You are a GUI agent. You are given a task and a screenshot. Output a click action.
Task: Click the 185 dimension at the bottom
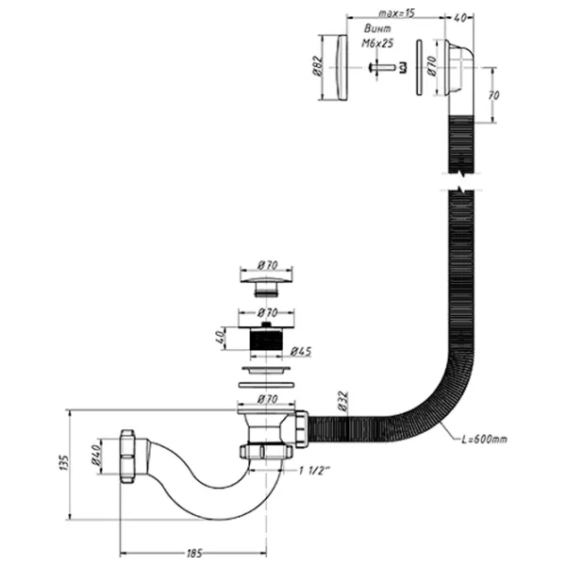click(194, 553)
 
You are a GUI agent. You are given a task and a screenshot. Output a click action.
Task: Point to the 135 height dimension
click(63, 462)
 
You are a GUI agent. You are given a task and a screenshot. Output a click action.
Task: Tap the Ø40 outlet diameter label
click(95, 456)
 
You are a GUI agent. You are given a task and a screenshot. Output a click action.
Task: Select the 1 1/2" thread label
click(314, 471)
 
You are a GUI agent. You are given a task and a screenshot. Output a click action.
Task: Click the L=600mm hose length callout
click(485, 440)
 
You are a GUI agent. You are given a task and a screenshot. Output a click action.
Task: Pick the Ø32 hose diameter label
click(343, 401)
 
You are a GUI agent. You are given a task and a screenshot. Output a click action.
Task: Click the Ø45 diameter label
click(301, 352)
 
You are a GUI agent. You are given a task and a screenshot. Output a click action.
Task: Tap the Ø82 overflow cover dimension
click(317, 66)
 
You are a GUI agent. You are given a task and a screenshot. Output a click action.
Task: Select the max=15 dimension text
click(397, 13)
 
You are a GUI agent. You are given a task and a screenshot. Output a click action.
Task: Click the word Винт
click(377, 28)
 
